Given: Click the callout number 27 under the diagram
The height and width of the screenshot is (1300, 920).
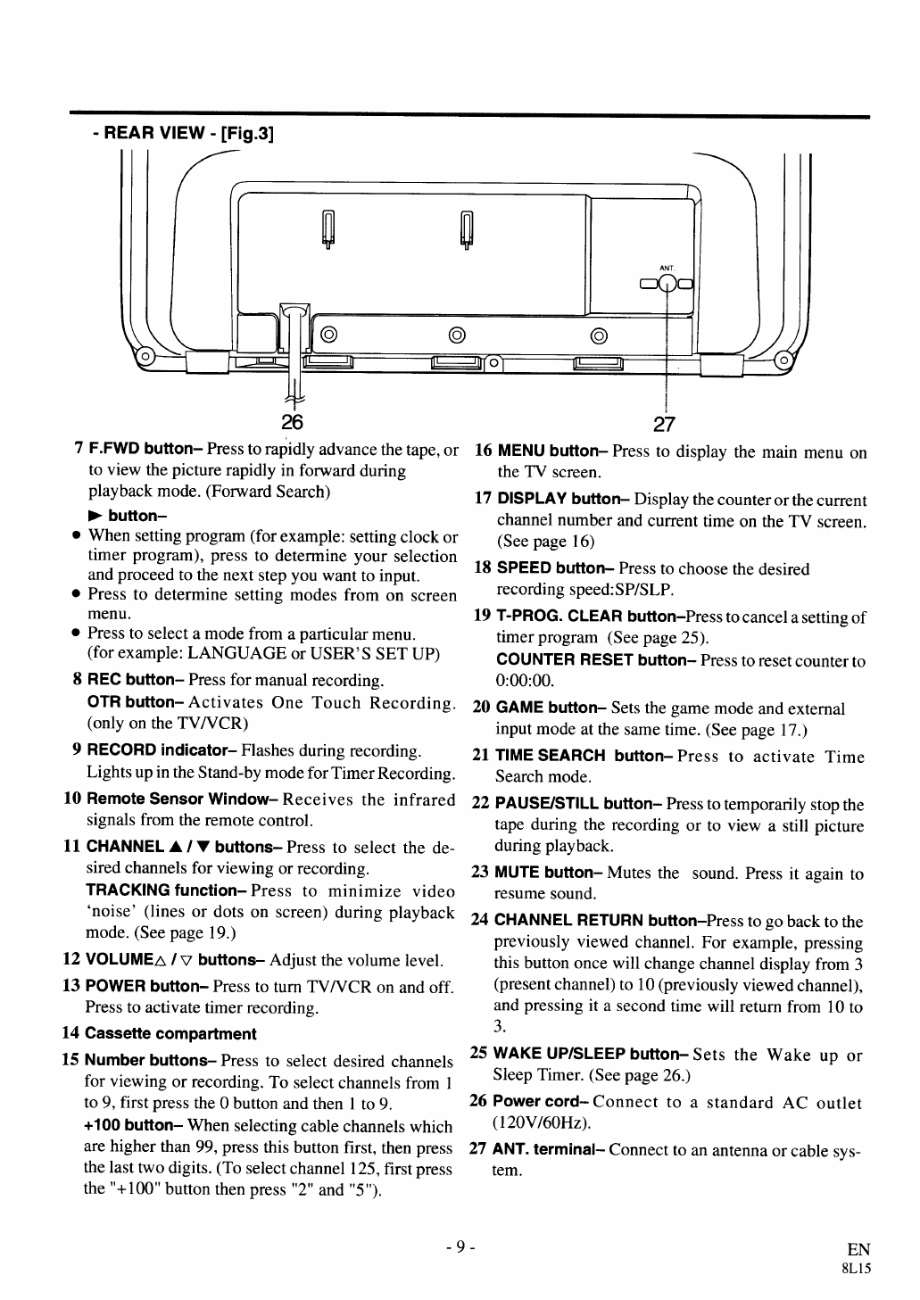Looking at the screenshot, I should (x=666, y=423).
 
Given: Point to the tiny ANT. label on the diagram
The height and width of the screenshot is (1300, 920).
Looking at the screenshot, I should (x=666, y=268).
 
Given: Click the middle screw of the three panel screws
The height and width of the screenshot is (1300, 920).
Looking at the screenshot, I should (x=457, y=335).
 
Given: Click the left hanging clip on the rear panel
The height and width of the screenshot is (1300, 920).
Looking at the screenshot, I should (x=328, y=229).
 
